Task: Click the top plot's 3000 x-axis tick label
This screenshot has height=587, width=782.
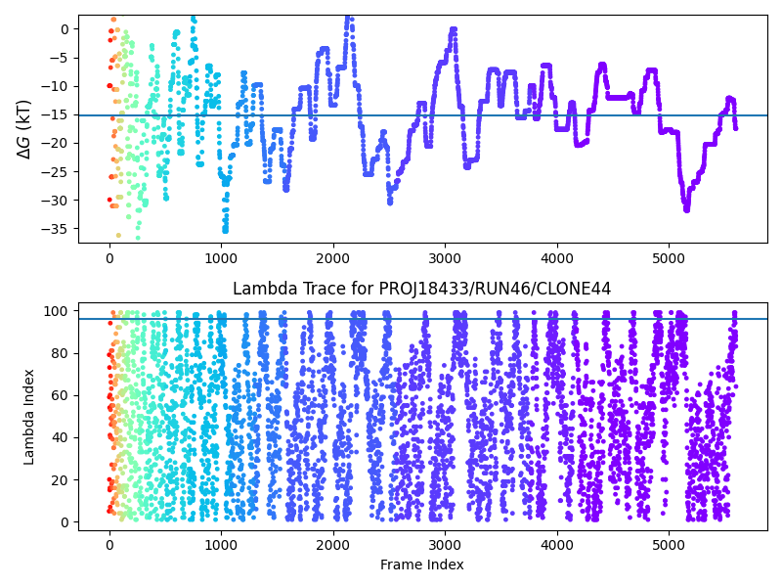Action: (x=445, y=258)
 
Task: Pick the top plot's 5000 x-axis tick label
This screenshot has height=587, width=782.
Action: (x=669, y=258)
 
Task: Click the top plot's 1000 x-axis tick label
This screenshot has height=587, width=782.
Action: (x=221, y=258)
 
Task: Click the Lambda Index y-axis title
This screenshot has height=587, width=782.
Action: (x=29, y=417)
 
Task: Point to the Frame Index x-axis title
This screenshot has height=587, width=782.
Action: (x=422, y=564)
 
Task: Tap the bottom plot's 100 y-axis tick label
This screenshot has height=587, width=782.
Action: (x=57, y=311)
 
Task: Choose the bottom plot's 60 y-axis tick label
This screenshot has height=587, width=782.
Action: (x=61, y=395)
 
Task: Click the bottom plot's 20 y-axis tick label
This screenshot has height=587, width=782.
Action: (x=61, y=479)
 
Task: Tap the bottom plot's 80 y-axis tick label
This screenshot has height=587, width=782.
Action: (x=61, y=353)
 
